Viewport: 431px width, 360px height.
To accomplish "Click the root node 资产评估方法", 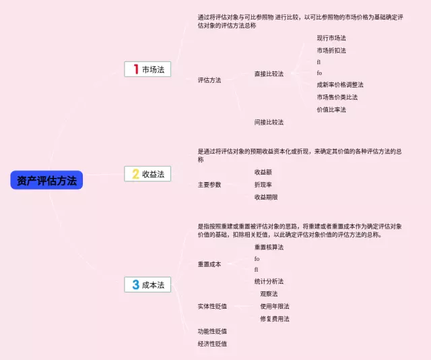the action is [x=46, y=180].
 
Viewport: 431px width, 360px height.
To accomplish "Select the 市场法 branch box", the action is [x=147, y=69].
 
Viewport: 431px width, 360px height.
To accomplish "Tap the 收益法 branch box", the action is [x=147, y=174].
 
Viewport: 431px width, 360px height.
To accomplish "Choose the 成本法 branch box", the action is [x=147, y=284].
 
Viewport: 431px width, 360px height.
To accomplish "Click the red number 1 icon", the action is [x=135, y=69].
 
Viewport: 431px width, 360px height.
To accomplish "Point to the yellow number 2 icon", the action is [x=135, y=174].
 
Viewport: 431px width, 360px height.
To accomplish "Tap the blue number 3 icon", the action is [x=135, y=284].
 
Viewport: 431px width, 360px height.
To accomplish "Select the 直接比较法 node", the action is [x=269, y=73].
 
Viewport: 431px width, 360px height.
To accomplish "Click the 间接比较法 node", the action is [x=269, y=122].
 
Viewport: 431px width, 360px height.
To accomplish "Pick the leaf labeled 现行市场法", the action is [x=331, y=38].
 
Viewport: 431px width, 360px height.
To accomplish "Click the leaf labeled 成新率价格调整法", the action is [x=340, y=85].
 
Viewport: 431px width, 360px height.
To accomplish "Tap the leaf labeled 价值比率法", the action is [x=331, y=109].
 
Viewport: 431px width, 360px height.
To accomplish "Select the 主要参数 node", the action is [x=209, y=184].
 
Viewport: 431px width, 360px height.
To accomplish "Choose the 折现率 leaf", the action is [x=263, y=184].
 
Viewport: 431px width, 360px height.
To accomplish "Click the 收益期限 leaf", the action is [x=266, y=197].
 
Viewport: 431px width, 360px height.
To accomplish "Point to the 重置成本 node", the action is [x=209, y=264].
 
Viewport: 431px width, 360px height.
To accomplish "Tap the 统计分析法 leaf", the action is [x=269, y=280].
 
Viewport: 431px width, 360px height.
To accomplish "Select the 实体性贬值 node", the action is [x=212, y=306].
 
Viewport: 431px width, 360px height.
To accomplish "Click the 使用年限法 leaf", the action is [x=275, y=306].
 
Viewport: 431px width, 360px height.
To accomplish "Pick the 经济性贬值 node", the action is [x=212, y=343].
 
